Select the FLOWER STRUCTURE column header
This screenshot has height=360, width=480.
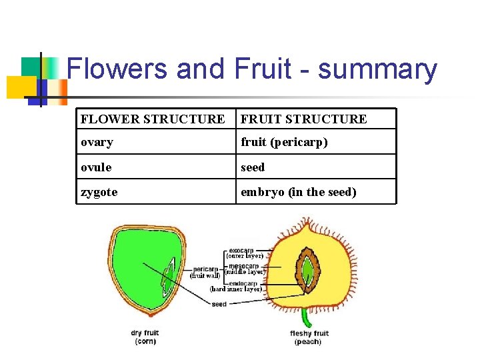(x=153, y=119)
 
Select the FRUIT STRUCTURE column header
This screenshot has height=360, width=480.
(x=303, y=119)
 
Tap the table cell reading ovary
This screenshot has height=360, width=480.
(x=97, y=142)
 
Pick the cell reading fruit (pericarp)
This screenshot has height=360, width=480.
(x=284, y=142)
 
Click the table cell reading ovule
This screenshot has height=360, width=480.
(x=97, y=167)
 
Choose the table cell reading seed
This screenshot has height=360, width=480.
(x=253, y=167)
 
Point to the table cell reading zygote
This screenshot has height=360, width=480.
(x=99, y=192)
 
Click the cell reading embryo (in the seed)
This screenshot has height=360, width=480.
(x=299, y=192)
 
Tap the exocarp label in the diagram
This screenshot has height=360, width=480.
(x=241, y=251)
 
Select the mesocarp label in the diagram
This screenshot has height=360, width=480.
(x=243, y=266)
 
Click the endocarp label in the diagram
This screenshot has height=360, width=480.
(x=243, y=283)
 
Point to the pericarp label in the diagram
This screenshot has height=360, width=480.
(x=205, y=269)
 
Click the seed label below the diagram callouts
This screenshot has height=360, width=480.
(x=219, y=304)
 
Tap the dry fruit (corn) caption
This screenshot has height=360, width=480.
(x=145, y=337)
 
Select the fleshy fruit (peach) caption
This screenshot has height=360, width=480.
(x=309, y=337)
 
